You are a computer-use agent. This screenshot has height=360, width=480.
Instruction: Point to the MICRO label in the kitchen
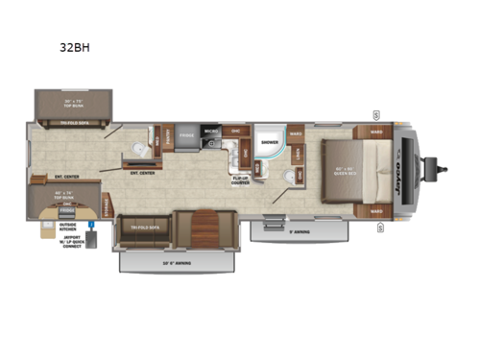[x=211, y=132]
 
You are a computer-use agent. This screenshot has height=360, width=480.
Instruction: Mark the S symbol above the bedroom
[x=376, y=114]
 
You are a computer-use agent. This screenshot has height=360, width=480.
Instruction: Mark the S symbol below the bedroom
[x=380, y=228]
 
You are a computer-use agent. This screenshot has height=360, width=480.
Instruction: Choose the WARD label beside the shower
[x=297, y=133]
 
